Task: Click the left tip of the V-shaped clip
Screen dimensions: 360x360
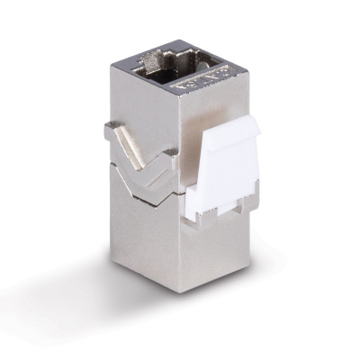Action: [110, 129]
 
